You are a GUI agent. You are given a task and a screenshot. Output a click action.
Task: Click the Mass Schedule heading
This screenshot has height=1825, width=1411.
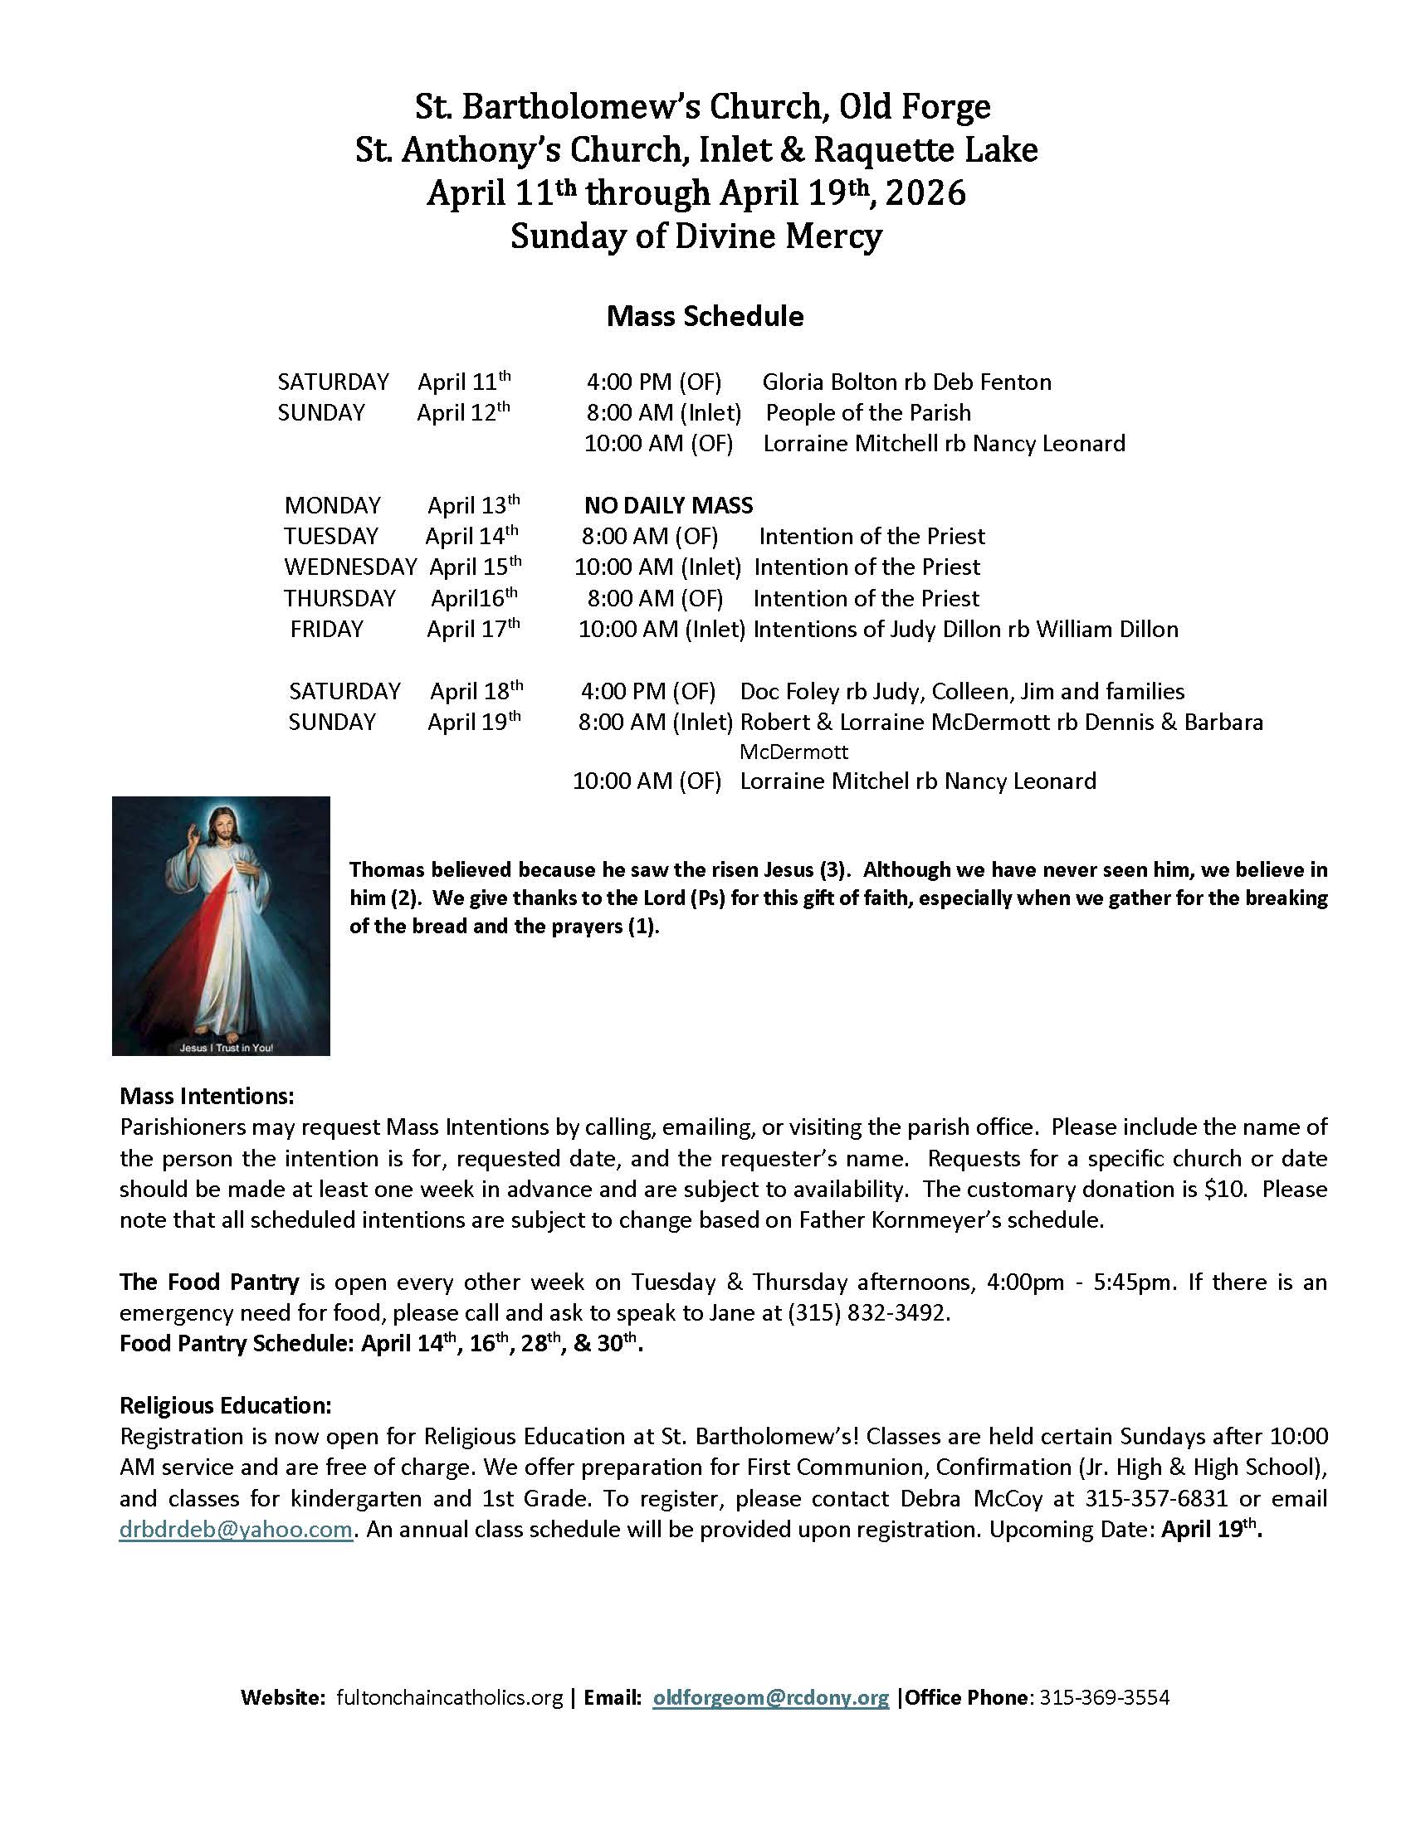(x=705, y=316)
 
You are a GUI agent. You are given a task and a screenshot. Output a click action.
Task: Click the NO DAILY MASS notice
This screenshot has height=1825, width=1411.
(x=668, y=505)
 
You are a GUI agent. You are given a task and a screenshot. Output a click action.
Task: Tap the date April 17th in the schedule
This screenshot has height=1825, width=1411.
(x=472, y=629)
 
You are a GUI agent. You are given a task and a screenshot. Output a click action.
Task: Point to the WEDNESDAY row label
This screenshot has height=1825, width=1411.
(x=349, y=567)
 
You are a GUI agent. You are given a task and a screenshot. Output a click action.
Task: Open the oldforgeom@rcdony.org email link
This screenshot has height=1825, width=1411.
(x=770, y=1697)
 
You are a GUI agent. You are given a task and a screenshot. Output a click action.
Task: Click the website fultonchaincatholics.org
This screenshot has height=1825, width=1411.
(x=450, y=1697)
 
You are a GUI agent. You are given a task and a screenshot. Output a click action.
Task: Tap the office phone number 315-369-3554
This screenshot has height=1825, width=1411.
(x=1103, y=1697)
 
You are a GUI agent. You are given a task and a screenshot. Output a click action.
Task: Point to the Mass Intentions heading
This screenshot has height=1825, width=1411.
(x=207, y=1096)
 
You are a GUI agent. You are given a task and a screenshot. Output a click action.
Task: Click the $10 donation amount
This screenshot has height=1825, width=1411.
(x=1224, y=1189)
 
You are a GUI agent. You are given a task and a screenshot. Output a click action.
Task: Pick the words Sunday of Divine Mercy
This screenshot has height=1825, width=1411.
(x=696, y=236)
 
